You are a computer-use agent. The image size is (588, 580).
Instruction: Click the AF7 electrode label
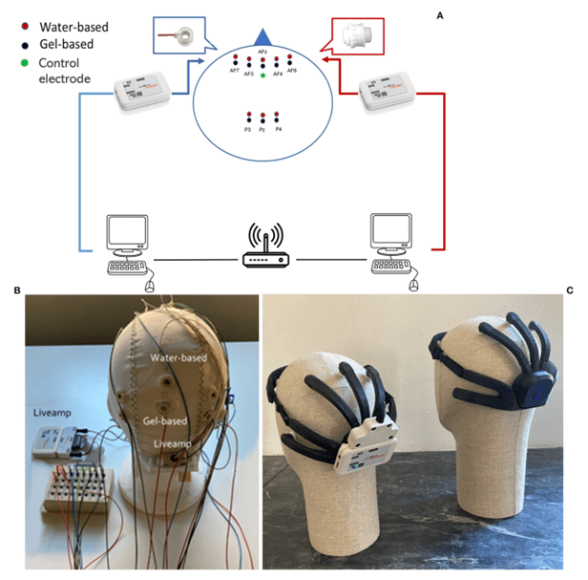tap(235, 70)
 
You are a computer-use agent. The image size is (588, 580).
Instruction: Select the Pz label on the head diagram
tap(262, 128)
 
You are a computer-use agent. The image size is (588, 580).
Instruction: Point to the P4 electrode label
tap(278, 128)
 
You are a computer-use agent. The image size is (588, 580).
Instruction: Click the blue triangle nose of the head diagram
tap(263, 36)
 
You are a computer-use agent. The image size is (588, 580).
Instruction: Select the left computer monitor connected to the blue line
tap(127, 232)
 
